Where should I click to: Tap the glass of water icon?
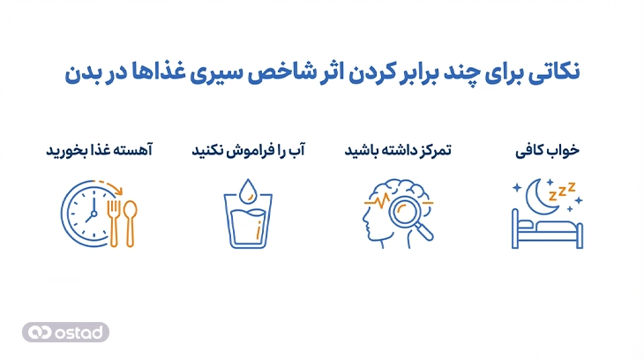point(250,222)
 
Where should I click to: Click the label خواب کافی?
point(547,151)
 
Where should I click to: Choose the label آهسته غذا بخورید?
point(99,151)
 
